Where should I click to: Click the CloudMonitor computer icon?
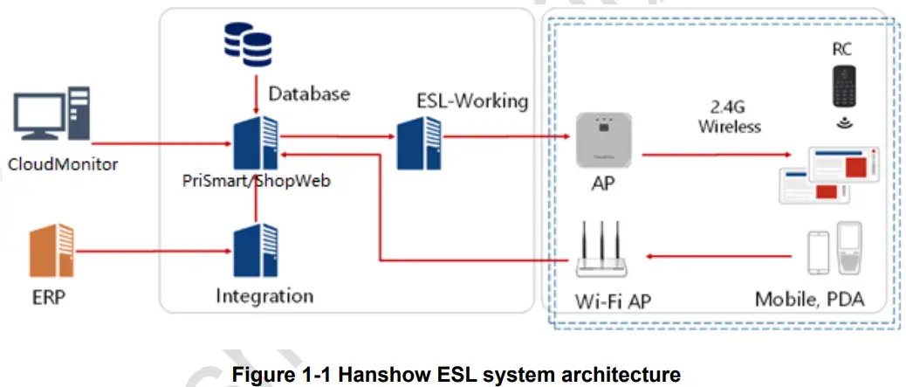tap(50, 120)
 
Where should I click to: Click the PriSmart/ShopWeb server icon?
tap(256, 142)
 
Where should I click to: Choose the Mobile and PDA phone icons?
tap(834, 249)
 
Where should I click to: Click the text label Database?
tap(309, 93)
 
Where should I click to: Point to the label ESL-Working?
tap(472, 100)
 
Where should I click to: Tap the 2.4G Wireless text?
tap(730, 117)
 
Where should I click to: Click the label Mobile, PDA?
tap(809, 300)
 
